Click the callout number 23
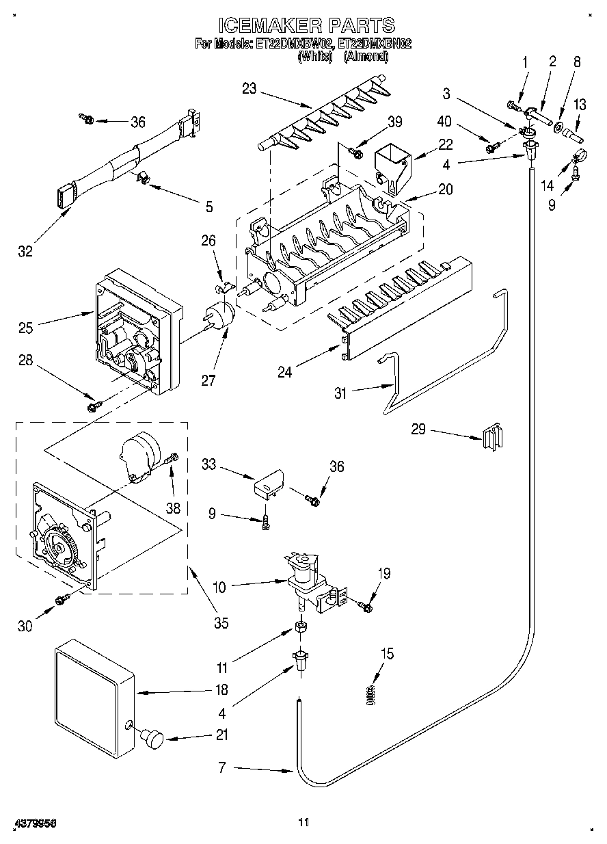[x=249, y=90]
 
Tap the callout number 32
[x=25, y=251]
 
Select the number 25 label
[x=25, y=328]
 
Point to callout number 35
[x=221, y=623]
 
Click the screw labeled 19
[x=365, y=606]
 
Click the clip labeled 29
[x=493, y=436]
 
